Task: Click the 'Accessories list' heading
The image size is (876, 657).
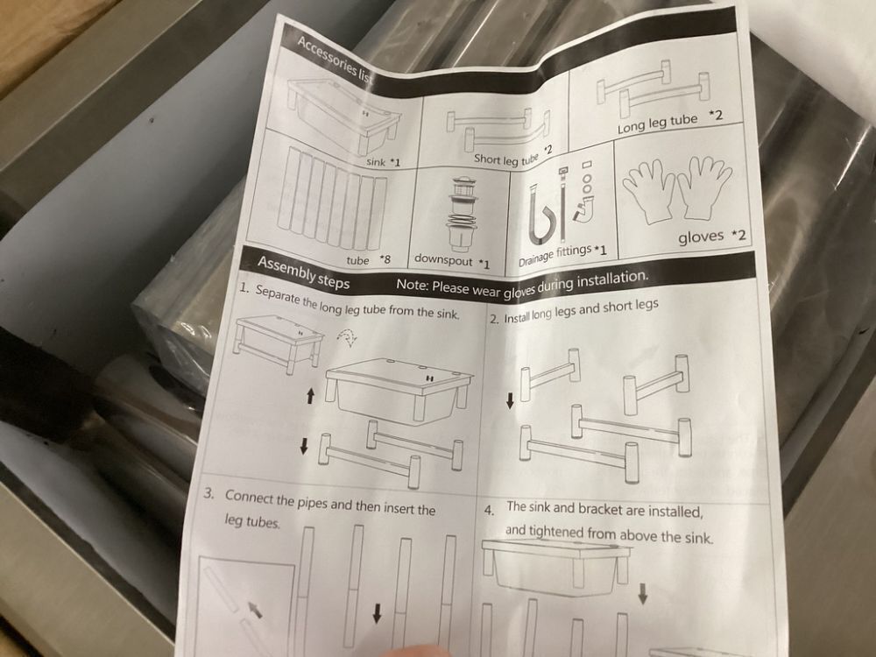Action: pos(334,60)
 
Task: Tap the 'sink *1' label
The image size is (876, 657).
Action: pos(384,162)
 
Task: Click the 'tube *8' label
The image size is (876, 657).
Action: pos(368,260)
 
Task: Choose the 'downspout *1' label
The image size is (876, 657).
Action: pos(452,260)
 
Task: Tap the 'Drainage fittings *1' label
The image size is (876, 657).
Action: pos(562,254)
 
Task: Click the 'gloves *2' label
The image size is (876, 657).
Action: pos(711,237)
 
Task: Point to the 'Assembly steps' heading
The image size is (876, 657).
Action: pos(303,272)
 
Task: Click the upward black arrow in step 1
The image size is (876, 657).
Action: pos(311,397)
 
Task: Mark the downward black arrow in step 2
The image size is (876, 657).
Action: pos(510,400)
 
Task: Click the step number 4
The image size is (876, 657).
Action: pos(490,511)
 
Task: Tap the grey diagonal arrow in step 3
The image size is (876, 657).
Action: pos(255,609)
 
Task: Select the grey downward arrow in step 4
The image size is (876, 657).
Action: pos(643,594)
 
